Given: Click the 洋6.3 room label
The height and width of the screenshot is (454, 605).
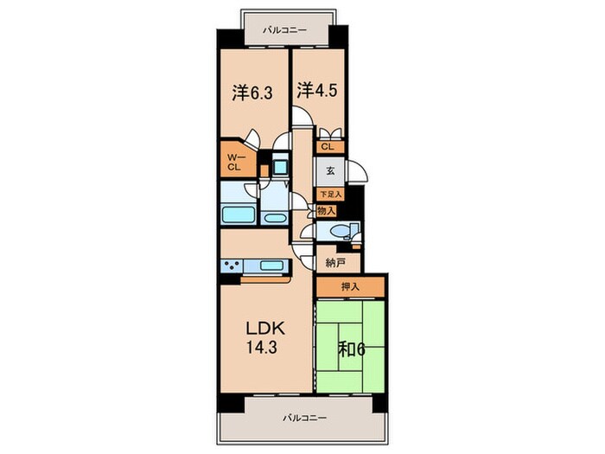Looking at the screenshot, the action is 252,93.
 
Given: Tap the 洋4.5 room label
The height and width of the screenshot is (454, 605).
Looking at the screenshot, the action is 317,90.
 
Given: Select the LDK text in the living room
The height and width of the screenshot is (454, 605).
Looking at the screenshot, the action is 266,329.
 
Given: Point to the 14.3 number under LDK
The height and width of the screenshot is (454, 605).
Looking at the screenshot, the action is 262,348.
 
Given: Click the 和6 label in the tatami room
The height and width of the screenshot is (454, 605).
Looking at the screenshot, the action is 352,349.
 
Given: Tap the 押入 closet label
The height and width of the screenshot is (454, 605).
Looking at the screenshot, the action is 350,287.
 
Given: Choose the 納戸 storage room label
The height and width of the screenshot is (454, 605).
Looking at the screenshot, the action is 335,263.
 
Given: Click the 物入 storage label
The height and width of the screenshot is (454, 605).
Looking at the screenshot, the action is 326,211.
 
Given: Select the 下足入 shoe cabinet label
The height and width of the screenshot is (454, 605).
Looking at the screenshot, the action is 330,195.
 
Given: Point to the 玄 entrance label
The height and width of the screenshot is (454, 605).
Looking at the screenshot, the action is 330,170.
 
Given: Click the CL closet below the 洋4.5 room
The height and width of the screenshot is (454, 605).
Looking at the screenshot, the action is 328,147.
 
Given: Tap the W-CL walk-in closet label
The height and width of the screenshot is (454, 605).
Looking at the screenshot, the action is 235,163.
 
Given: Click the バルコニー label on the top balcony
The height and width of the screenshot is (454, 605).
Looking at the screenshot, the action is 285,30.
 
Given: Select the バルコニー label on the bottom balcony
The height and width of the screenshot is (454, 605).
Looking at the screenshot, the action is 305,418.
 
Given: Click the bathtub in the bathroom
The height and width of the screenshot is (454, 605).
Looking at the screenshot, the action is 238,214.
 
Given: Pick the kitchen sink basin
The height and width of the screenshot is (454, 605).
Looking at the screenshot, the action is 272,265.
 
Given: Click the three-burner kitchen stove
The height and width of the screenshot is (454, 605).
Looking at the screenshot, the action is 232,266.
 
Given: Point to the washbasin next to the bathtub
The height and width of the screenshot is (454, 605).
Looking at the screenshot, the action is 274,218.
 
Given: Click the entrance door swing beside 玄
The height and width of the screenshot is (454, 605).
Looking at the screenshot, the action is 357,170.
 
